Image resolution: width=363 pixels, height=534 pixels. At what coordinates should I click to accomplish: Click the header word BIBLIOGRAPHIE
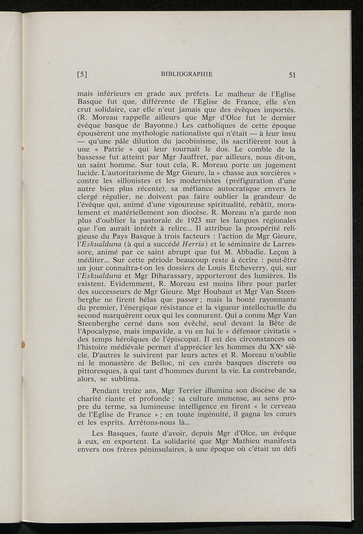[x=186, y=74]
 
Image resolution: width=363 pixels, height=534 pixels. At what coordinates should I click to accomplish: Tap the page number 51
[x=292, y=75]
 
